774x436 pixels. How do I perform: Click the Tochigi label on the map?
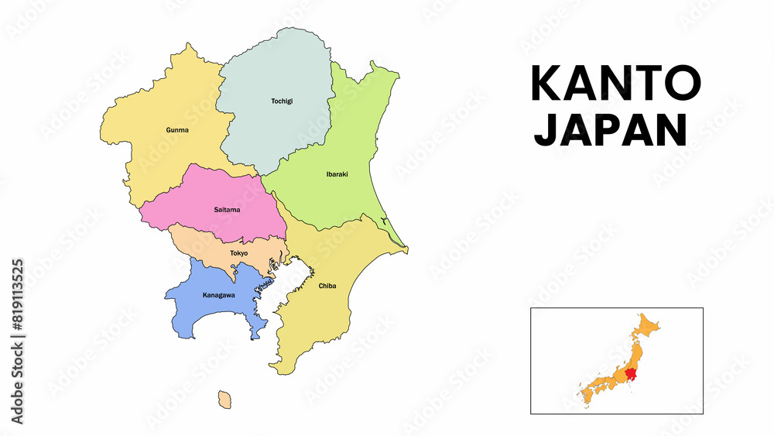281,101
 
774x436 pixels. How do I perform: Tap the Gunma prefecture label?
177,130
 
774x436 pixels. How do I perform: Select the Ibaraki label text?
337,174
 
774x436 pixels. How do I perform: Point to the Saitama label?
227,210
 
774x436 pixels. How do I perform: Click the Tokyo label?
239,253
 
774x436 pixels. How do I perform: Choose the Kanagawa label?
218,295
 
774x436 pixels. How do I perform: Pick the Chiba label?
327,286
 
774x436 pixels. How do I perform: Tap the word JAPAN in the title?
611,130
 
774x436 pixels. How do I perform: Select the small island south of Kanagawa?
224,400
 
